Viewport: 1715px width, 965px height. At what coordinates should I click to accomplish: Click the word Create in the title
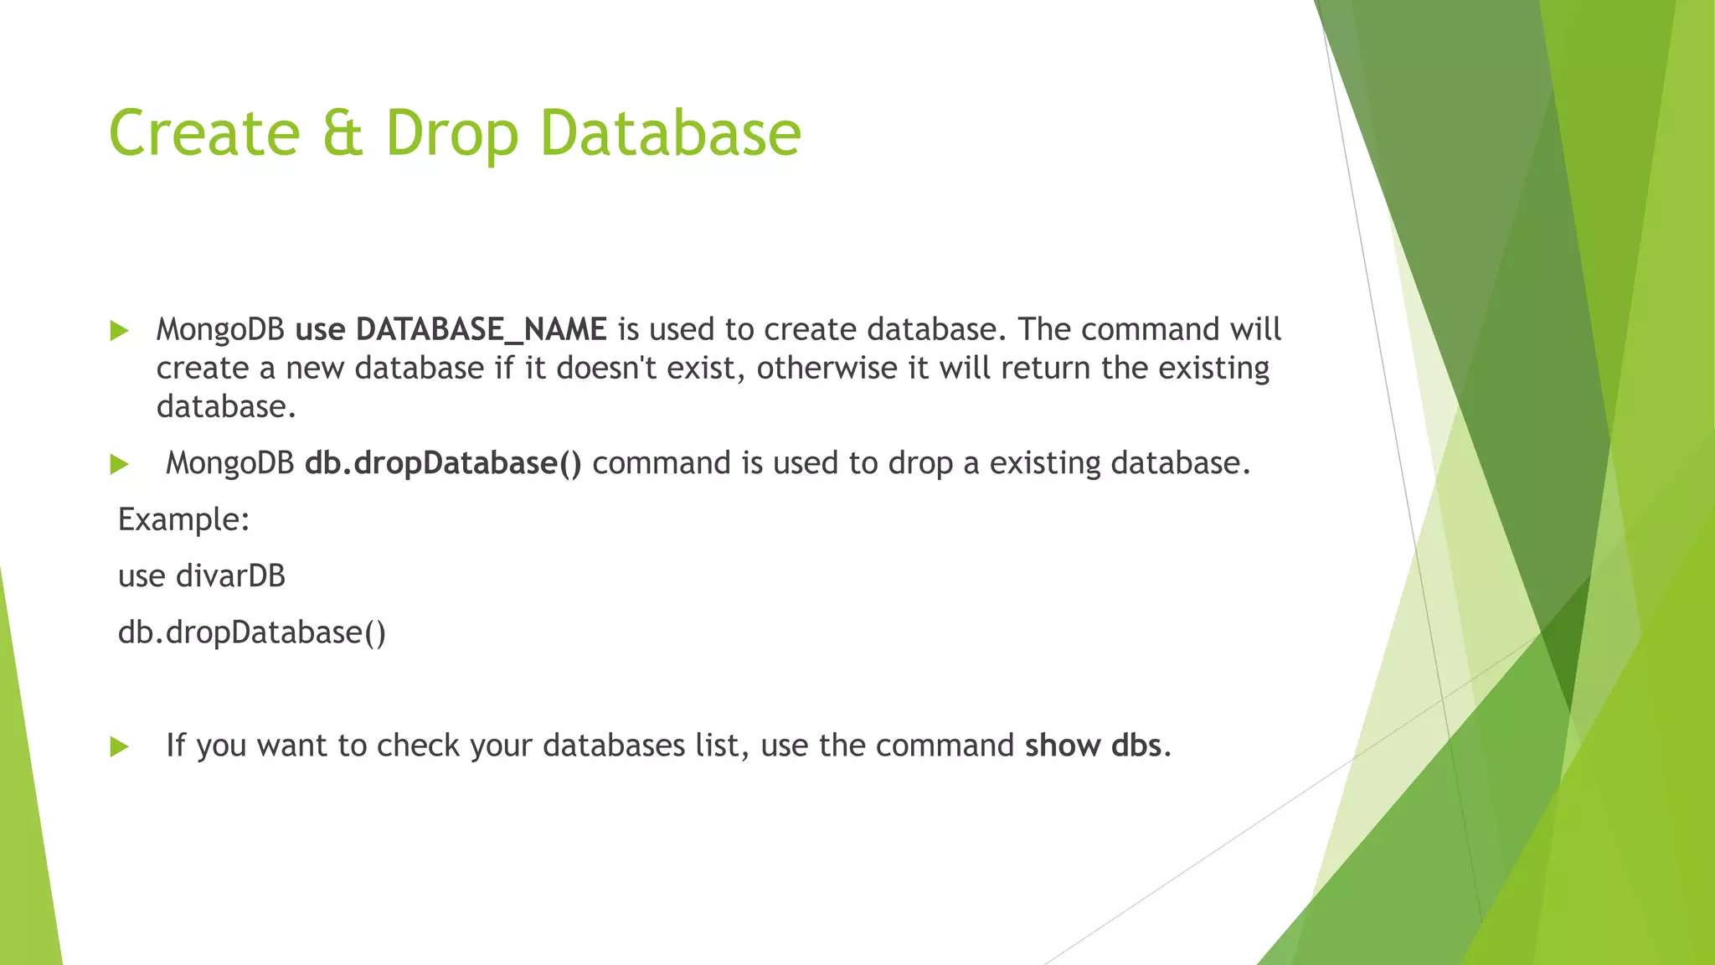click(x=204, y=133)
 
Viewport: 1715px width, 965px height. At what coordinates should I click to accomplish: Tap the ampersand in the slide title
click(x=343, y=133)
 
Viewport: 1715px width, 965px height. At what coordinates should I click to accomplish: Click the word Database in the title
click(x=671, y=133)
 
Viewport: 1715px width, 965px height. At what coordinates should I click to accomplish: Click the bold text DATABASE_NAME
click(x=482, y=330)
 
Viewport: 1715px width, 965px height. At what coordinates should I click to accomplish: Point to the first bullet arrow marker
click(x=119, y=331)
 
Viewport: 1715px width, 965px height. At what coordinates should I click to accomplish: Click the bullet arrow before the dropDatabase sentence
click(x=119, y=464)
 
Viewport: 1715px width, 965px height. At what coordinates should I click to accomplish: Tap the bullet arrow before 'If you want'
click(x=119, y=746)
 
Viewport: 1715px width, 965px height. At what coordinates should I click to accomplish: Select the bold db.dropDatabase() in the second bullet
click(x=443, y=463)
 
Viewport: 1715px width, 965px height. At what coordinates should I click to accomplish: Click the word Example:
click(x=184, y=520)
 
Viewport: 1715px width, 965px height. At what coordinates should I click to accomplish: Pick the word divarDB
click(x=231, y=576)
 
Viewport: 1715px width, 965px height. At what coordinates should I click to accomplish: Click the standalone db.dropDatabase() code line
click(x=252, y=632)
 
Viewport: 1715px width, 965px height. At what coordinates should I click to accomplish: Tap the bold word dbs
click(x=1136, y=746)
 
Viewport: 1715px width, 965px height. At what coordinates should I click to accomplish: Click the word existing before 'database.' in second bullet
click(x=1045, y=463)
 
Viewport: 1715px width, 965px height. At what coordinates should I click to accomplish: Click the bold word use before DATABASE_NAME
click(x=321, y=330)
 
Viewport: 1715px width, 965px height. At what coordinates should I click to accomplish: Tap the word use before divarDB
click(x=142, y=576)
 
